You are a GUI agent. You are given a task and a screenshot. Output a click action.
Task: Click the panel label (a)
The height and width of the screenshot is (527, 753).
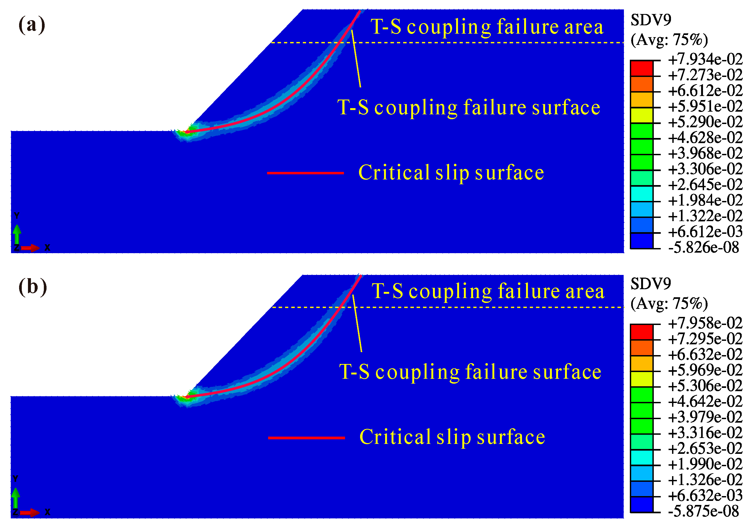coord(32,25)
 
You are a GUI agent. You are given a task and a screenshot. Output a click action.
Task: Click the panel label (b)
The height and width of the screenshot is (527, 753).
coord(33,287)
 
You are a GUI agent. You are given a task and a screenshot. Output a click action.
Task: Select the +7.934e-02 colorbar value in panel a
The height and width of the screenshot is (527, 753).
coord(705,59)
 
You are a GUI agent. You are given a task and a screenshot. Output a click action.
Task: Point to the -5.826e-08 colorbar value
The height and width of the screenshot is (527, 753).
coord(704,247)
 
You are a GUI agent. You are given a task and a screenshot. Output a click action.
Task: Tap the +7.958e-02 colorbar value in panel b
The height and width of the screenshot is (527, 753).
coord(705,323)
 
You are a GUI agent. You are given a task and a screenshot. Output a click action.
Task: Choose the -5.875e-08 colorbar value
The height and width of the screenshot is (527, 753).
coord(704,511)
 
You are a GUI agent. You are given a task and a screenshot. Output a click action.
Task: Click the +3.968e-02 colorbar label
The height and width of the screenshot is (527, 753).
coord(705,153)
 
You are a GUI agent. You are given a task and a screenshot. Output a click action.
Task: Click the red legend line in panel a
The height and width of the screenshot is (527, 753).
coord(305,173)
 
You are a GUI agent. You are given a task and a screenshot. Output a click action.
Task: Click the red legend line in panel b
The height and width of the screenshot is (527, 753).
coord(306,438)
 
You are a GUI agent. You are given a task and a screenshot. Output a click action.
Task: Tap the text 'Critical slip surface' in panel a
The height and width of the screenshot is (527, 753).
coord(451,173)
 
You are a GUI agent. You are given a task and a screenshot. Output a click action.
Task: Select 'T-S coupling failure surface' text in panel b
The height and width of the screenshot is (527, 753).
coord(470,372)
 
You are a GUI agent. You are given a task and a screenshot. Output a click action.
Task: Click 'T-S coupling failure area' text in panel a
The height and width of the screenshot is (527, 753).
coord(487,27)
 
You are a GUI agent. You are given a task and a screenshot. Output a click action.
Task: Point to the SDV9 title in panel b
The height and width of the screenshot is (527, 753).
coord(651,284)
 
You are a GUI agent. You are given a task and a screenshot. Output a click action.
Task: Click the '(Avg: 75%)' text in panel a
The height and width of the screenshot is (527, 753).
coord(669,40)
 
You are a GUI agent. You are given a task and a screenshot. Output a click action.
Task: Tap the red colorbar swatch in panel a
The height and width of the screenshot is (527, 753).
coord(641,68)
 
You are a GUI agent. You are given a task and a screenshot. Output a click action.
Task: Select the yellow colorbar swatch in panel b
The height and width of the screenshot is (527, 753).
coord(641,379)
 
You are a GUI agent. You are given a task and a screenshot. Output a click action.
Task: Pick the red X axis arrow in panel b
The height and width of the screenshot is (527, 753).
coord(30,512)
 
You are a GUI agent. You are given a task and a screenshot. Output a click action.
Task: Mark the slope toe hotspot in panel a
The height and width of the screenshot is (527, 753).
coord(186,133)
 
